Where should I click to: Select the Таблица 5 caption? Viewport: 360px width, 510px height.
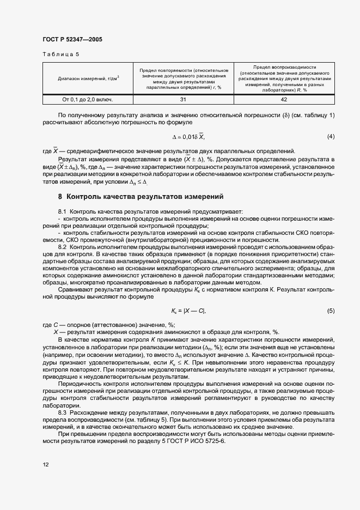[x=60, y=54]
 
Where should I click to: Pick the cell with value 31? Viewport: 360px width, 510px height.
[x=182, y=100]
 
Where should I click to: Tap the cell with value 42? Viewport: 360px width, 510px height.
[x=284, y=100]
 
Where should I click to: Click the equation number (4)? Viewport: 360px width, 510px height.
[x=331, y=136]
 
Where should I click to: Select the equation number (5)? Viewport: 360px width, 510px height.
[x=331, y=311]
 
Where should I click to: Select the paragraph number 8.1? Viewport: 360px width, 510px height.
[x=62, y=211]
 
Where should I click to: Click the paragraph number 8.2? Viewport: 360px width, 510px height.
[x=62, y=247]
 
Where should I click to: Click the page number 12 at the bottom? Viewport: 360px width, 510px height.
[x=46, y=464]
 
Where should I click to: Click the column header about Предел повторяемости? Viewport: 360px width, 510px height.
[x=182, y=78]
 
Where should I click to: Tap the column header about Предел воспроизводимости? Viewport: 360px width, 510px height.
[x=284, y=78]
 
